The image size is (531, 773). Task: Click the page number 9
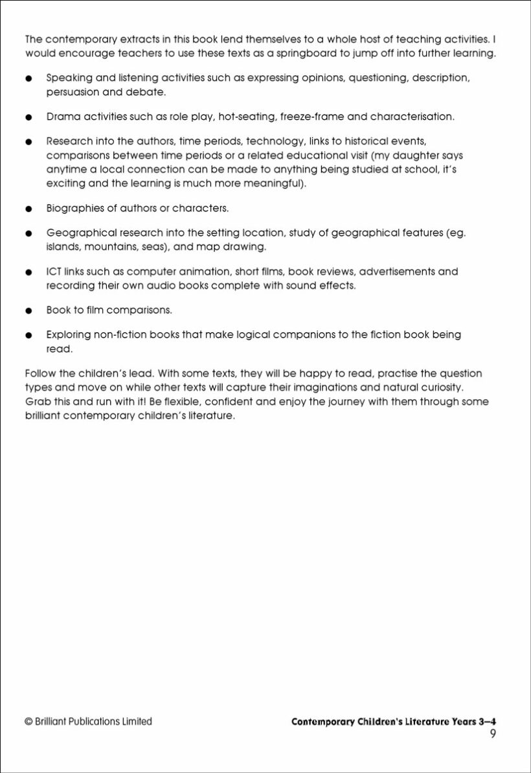coord(493,733)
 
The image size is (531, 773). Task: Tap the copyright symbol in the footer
coord(28,721)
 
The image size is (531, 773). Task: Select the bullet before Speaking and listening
coord(28,78)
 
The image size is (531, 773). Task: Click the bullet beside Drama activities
coord(28,118)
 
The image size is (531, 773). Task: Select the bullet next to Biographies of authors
coord(28,209)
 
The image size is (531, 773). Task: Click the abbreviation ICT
coord(54,271)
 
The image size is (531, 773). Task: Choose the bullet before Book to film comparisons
coord(28,310)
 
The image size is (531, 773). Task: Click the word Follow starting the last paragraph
coord(40,374)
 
